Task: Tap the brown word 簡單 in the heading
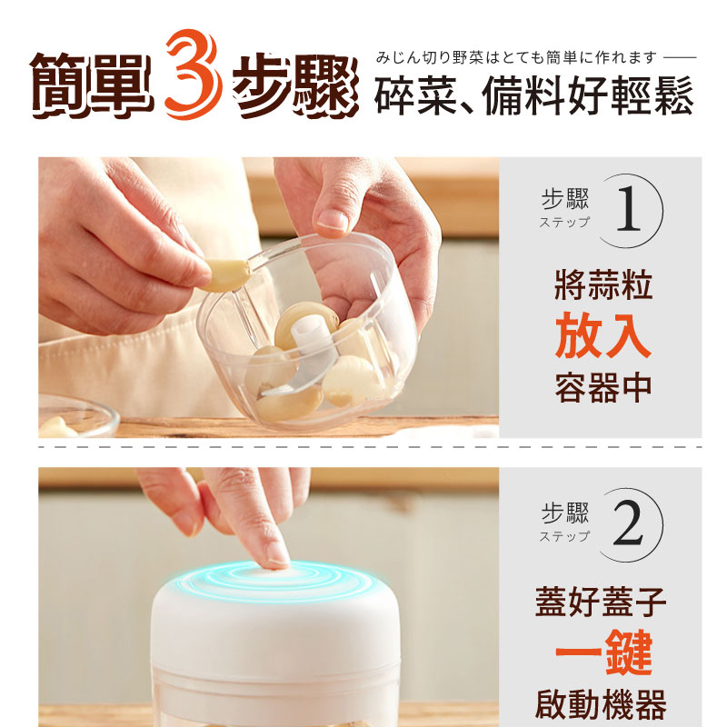(x=92, y=85)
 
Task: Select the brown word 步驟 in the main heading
(x=295, y=85)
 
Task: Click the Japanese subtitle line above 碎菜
(x=516, y=57)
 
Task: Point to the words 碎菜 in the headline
(x=416, y=95)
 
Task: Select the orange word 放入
(x=603, y=335)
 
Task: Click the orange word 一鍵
(x=604, y=652)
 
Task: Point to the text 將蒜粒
(x=603, y=284)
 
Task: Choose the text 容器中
(x=603, y=388)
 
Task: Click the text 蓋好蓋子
(x=601, y=602)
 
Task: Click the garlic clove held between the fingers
(x=227, y=274)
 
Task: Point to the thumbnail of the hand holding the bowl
(x=333, y=220)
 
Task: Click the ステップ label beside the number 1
(x=564, y=222)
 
